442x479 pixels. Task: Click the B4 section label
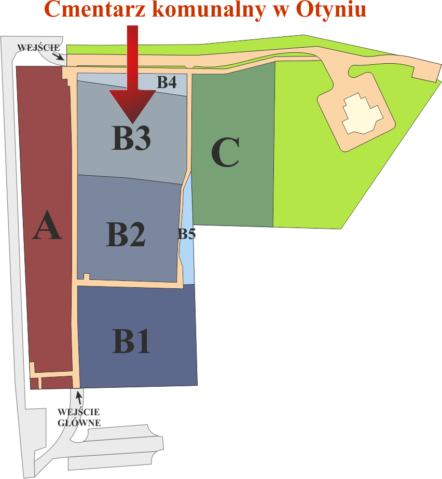(167, 82)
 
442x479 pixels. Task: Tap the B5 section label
(187, 234)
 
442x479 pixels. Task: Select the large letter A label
(47, 225)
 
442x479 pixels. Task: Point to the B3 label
(131, 138)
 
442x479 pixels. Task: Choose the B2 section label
(126, 234)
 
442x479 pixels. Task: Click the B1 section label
(131, 341)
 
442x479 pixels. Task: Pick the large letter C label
(225, 152)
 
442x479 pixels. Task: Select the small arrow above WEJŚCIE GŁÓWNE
(79, 398)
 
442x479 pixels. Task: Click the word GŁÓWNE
(79, 423)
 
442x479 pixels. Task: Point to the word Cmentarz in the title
(95, 9)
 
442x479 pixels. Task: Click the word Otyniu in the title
(331, 10)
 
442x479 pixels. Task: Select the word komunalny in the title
(210, 10)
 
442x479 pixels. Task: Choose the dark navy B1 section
(137, 336)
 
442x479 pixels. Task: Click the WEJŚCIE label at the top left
(38, 48)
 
